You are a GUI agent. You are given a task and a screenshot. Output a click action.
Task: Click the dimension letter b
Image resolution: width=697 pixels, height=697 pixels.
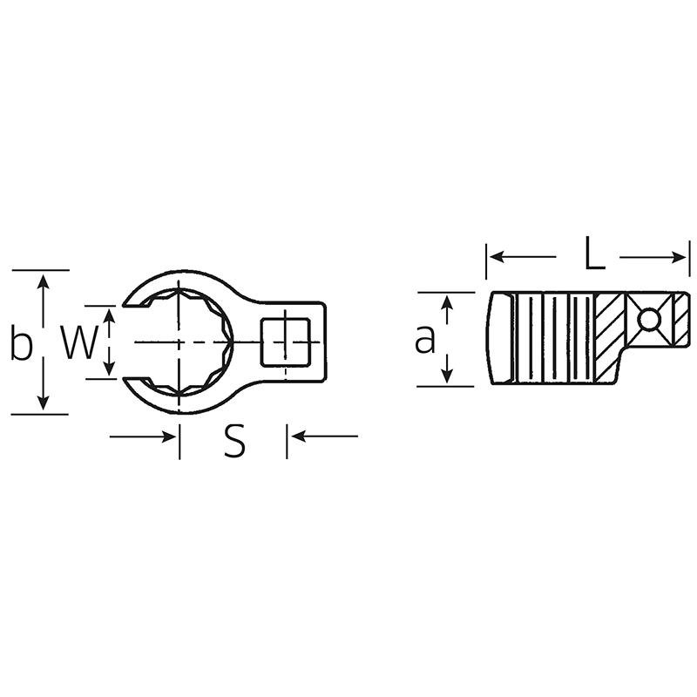[20, 342]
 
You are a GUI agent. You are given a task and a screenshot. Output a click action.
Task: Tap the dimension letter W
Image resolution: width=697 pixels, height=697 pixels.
[78, 343]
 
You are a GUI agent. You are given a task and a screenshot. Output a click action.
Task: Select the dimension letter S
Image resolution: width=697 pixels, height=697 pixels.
[233, 442]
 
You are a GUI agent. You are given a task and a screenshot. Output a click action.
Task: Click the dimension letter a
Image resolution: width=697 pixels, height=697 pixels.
[424, 339]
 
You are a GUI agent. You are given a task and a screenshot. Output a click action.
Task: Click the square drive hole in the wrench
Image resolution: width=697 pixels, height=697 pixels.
[286, 341]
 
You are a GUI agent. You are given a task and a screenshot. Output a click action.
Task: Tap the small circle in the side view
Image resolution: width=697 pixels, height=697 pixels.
[647, 320]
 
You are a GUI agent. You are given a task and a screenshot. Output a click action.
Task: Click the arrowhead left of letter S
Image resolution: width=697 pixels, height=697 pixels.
[169, 436]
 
